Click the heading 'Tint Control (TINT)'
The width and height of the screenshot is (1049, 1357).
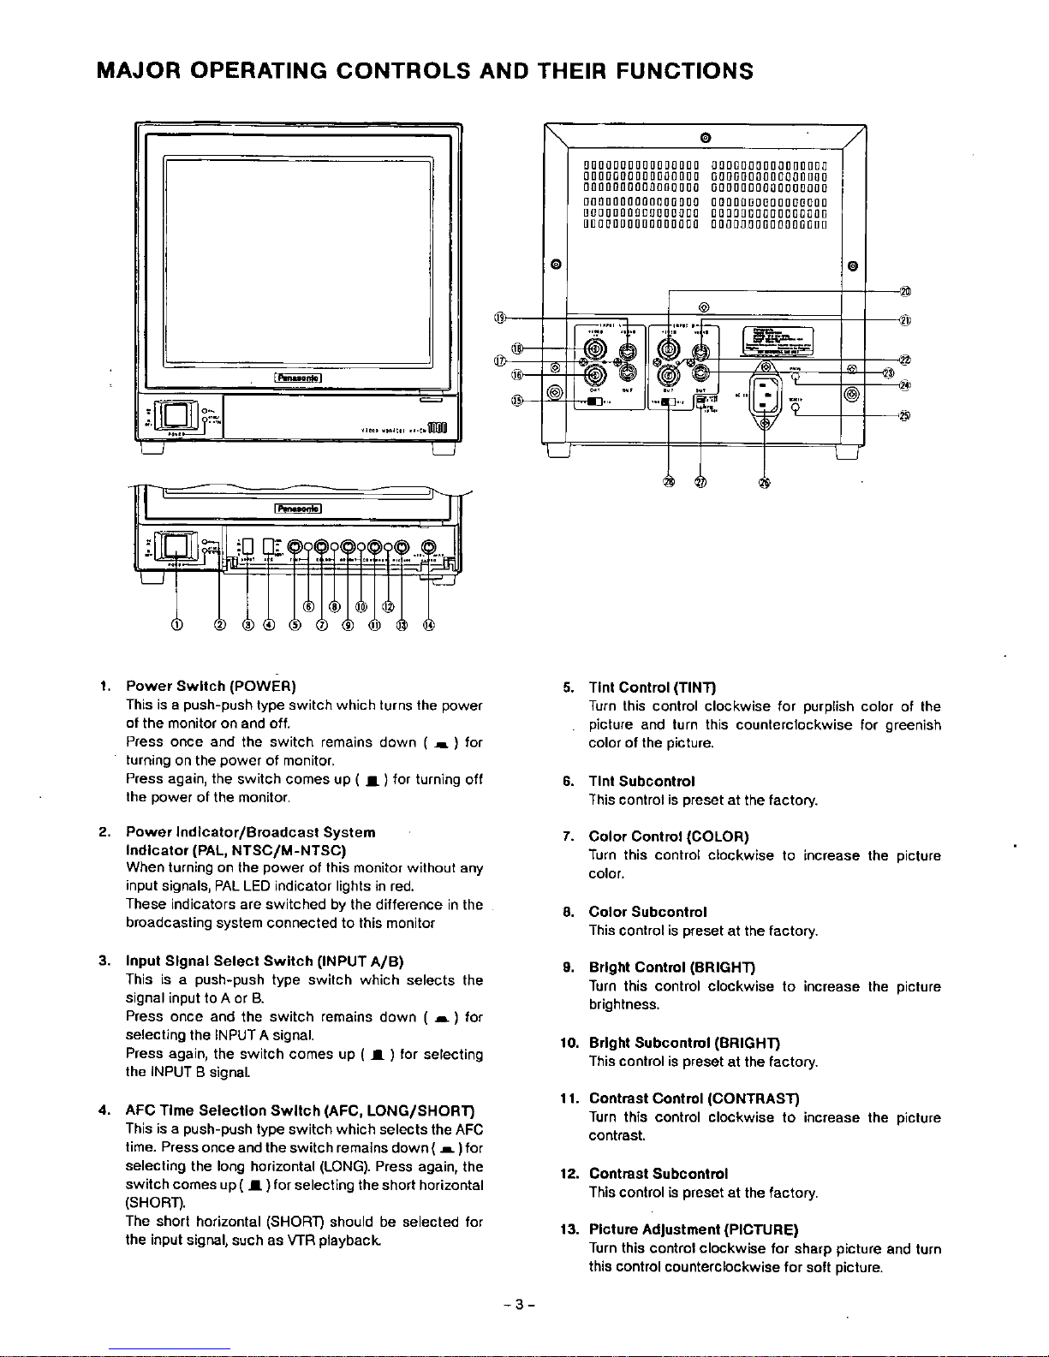click(x=652, y=687)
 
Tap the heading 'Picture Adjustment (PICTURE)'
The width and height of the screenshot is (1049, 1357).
click(x=694, y=1230)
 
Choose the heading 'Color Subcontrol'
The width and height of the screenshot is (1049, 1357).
click(x=647, y=912)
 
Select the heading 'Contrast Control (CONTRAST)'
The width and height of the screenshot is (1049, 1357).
click(x=694, y=1098)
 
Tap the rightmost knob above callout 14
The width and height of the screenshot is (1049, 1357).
click(x=428, y=548)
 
